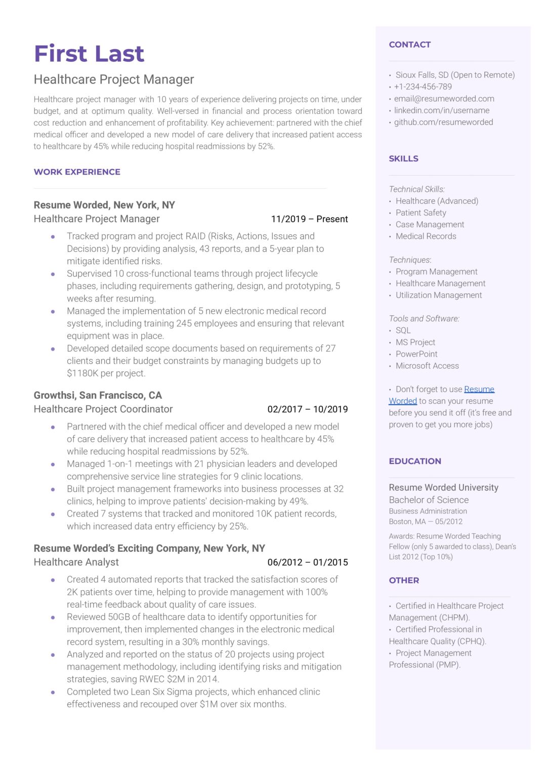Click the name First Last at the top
click(89, 54)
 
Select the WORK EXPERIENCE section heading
click(77, 172)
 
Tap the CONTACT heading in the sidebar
click(409, 45)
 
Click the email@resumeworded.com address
click(444, 99)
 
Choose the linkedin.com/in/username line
click(441, 110)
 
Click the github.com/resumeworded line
click(443, 122)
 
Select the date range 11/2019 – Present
click(309, 219)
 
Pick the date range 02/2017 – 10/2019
click(307, 409)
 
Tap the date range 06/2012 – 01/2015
click(307, 562)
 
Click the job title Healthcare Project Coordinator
click(103, 409)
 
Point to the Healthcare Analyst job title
click(76, 562)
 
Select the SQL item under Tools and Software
click(403, 330)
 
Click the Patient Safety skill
click(420, 212)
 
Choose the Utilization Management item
click(438, 295)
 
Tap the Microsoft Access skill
click(427, 366)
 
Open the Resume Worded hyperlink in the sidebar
click(479, 390)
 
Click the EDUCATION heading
click(415, 461)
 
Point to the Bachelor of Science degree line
click(429, 500)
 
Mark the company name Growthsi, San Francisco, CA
click(98, 395)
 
